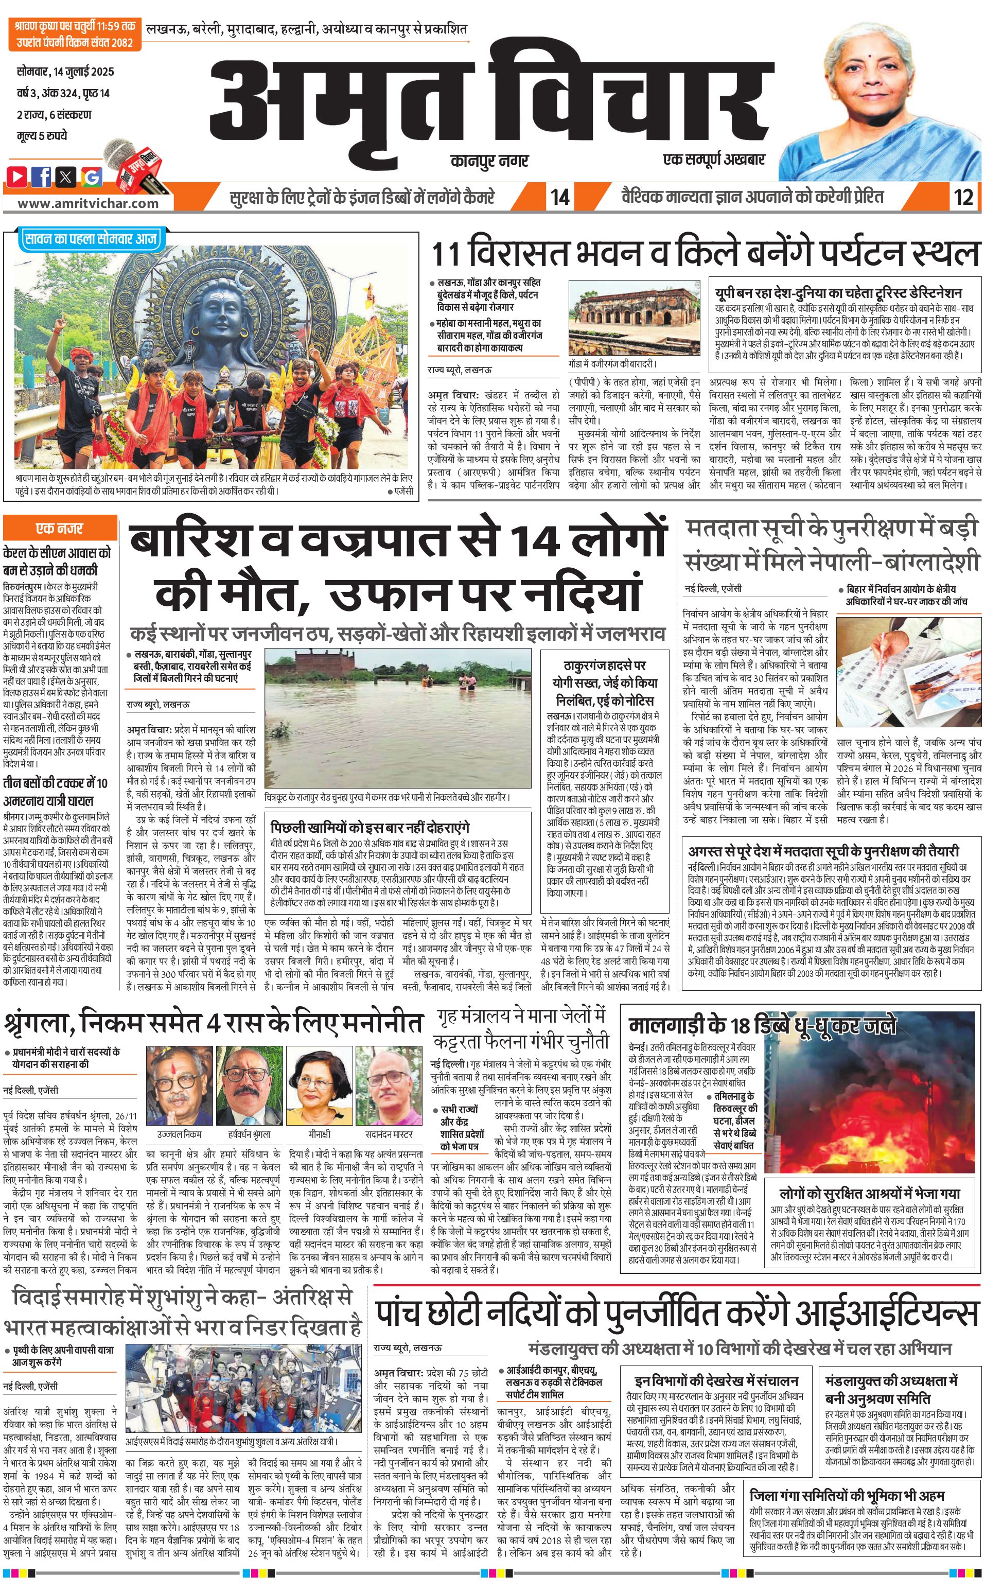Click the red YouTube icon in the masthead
coord(17,176)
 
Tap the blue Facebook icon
coord(42,176)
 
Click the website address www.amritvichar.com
coord(88,203)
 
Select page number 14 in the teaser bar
coord(559,197)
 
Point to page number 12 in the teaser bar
coord(963,197)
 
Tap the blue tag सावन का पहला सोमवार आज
coord(90,239)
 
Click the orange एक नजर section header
coord(59,528)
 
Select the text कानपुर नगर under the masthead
coord(488,160)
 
